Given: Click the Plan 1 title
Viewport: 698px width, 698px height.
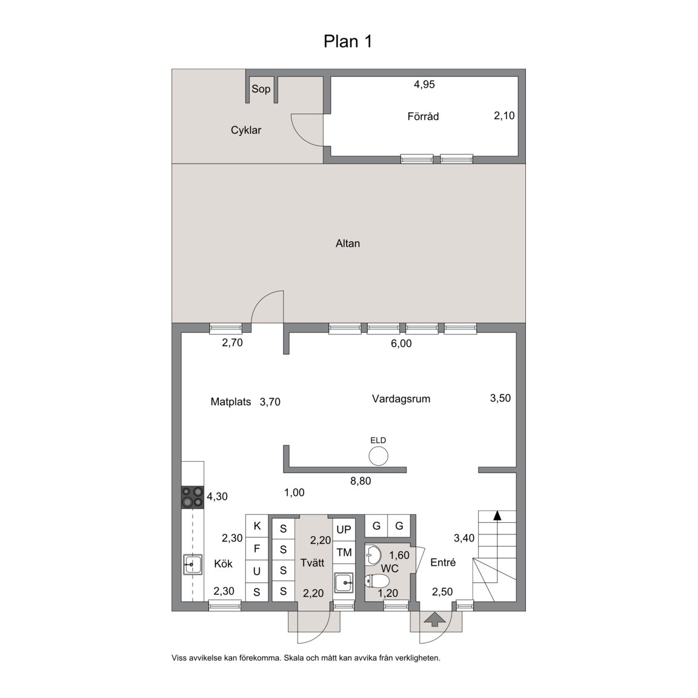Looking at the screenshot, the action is pyautogui.click(x=348, y=41).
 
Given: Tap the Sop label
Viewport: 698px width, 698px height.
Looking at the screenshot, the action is pyautogui.click(x=261, y=89).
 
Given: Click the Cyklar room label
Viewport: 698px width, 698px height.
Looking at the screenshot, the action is pyautogui.click(x=246, y=130).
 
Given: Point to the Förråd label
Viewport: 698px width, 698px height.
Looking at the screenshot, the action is pyautogui.click(x=423, y=116).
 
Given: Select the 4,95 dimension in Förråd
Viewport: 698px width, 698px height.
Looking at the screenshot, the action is pyautogui.click(x=424, y=84).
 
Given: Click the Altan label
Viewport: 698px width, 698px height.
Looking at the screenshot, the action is pyautogui.click(x=348, y=244).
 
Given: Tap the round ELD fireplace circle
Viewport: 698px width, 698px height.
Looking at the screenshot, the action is pyautogui.click(x=378, y=456).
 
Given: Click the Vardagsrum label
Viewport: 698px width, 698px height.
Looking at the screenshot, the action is pyautogui.click(x=401, y=399).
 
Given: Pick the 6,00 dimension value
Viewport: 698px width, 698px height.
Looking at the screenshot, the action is pyautogui.click(x=401, y=343).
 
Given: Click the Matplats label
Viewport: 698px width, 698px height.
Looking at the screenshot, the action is pyautogui.click(x=231, y=402).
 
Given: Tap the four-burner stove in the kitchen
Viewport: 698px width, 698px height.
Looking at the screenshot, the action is pyautogui.click(x=193, y=497).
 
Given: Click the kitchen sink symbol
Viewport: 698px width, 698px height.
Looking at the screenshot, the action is pyautogui.click(x=193, y=565).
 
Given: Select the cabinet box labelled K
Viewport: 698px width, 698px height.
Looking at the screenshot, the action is pyautogui.click(x=257, y=526).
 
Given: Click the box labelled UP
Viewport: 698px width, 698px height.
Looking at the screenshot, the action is pyautogui.click(x=344, y=530).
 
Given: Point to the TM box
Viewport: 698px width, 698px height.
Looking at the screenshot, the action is pyautogui.click(x=344, y=553).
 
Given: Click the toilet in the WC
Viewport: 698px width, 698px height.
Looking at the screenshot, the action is pyautogui.click(x=377, y=580).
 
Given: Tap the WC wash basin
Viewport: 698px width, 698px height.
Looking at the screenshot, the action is pyautogui.click(x=373, y=554).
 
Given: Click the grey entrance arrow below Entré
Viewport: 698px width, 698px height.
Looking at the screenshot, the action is pyautogui.click(x=435, y=619).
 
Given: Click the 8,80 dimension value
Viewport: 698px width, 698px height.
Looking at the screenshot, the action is pyautogui.click(x=361, y=480).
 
